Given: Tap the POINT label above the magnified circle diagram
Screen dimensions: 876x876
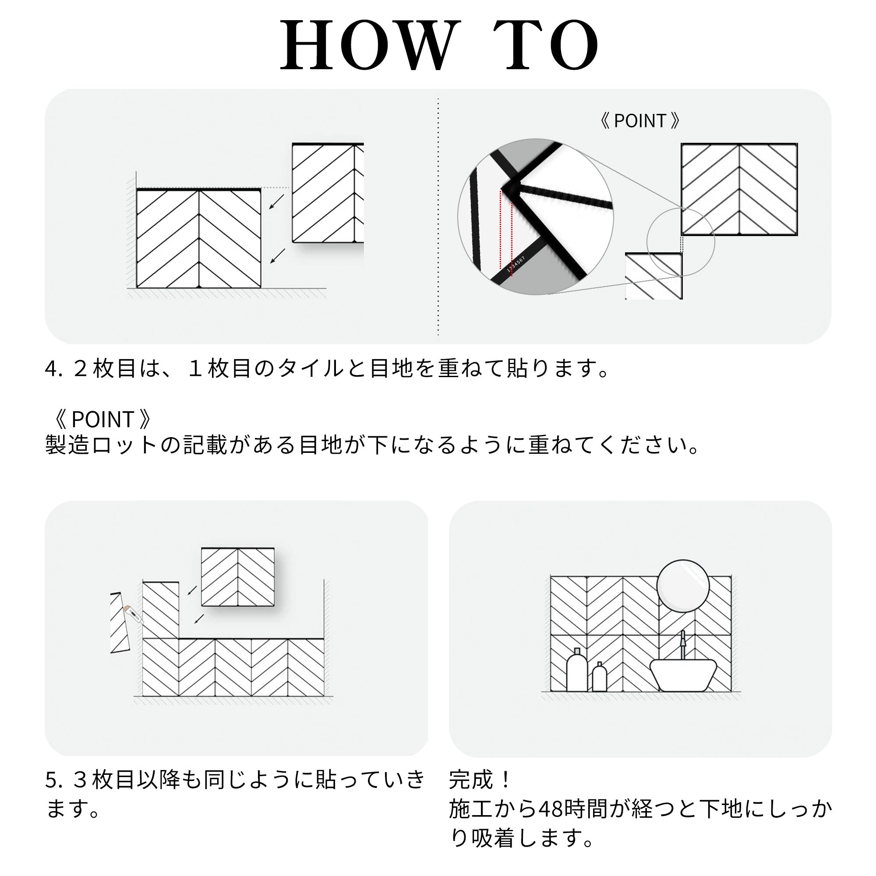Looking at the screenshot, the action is click(640, 120).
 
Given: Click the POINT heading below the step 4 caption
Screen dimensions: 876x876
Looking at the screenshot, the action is click(102, 419).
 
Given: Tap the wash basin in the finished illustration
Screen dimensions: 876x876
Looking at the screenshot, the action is click(683, 675).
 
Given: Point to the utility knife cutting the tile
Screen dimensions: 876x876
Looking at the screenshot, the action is click(133, 615).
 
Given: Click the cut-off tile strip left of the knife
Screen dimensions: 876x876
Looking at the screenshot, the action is click(119, 622).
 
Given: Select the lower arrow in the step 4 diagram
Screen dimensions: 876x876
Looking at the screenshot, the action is click(278, 256).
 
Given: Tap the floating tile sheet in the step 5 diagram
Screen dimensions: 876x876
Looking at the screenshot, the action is click(237, 577).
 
